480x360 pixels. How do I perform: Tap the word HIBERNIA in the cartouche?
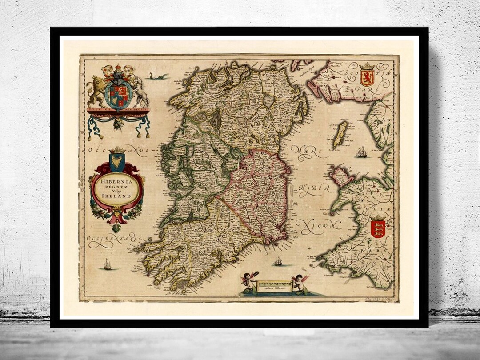(x=117, y=181)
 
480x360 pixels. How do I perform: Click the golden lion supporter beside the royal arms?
(x=96, y=89)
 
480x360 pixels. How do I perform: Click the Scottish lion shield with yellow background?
(x=367, y=76)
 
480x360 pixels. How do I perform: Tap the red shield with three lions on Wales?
(x=378, y=228)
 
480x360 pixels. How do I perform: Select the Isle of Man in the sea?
(x=340, y=134)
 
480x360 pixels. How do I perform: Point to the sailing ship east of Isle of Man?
(x=361, y=152)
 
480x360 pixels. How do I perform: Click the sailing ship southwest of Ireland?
(x=108, y=265)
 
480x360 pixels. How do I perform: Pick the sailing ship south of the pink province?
(x=278, y=261)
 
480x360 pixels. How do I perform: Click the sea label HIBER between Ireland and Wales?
(x=315, y=189)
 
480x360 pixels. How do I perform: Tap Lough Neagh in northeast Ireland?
(x=269, y=101)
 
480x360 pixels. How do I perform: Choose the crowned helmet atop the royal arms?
(x=118, y=72)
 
